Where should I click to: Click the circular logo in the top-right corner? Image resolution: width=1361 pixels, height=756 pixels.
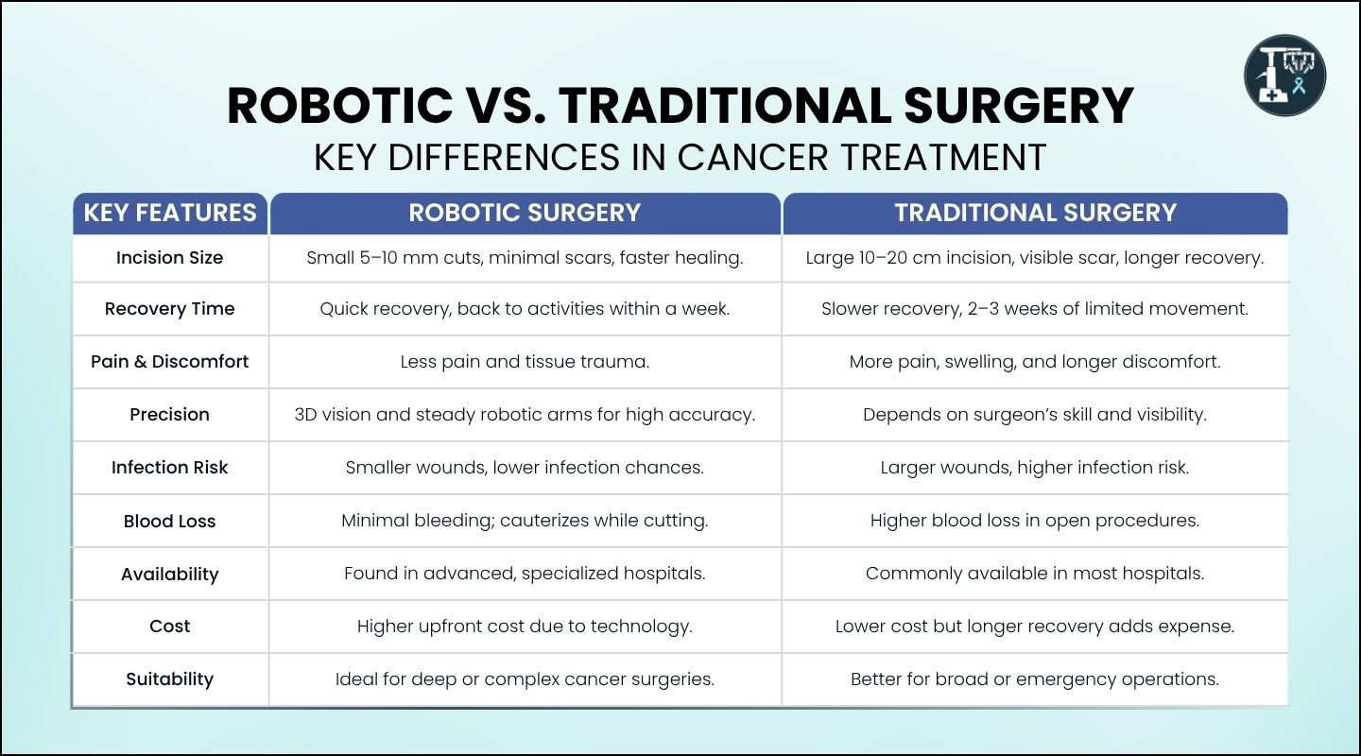tap(1284, 76)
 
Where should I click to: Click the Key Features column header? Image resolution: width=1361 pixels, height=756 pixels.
tap(170, 213)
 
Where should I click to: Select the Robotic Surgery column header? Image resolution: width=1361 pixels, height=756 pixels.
tap(525, 213)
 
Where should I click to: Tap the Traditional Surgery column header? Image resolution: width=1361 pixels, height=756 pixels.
tap(1035, 213)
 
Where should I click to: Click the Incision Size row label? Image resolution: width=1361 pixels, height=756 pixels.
tap(170, 258)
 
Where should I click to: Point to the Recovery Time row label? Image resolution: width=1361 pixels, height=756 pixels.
tap(170, 309)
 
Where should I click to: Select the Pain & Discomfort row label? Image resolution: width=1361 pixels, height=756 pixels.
tap(170, 362)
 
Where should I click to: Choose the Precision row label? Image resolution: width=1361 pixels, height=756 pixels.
tap(170, 415)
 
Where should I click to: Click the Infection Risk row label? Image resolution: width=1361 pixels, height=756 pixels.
tap(170, 468)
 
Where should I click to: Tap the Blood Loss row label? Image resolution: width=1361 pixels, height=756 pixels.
tap(170, 522)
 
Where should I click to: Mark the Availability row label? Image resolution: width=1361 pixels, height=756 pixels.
tap(170, 575)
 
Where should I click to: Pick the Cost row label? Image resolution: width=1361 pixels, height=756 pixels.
tap(170, 627)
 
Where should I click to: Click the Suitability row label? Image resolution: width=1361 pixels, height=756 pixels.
tap(170, 679)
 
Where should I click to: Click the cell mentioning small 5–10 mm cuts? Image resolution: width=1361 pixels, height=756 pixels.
tap(525, 258)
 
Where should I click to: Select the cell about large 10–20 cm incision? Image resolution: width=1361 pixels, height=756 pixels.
tap(1035, 258)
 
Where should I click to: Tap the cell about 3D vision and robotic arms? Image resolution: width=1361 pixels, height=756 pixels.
tap(525, 415)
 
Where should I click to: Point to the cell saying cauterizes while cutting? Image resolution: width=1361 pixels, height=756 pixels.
tap(525, 521)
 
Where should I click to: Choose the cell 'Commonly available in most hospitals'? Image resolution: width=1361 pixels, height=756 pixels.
tap(1035, 574)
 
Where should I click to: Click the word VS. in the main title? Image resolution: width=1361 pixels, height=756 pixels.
tap(506, 106)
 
